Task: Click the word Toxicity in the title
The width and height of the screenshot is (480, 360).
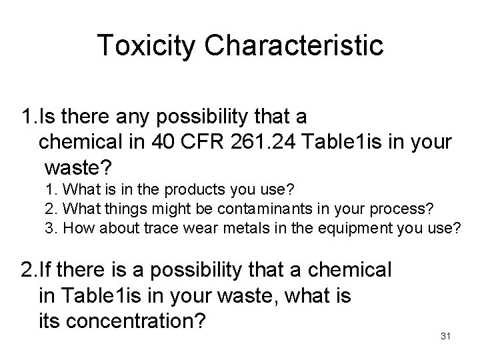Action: coord(146,46)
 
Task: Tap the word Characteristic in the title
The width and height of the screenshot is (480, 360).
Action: coord(293,46)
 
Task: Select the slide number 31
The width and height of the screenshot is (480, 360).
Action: coord(446,337)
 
